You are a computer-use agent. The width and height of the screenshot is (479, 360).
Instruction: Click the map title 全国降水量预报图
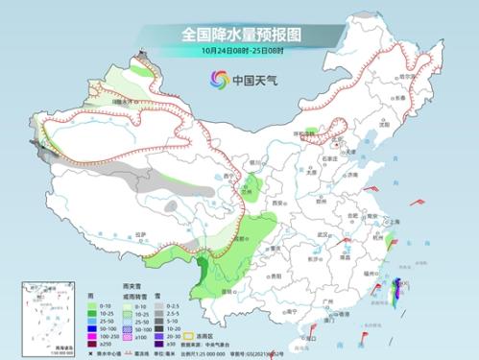[x=239, y=34]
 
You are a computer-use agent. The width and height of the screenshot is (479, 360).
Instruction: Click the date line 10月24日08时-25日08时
[x=239, y=51]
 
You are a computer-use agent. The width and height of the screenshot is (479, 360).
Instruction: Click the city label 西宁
[x=219, y=181]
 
